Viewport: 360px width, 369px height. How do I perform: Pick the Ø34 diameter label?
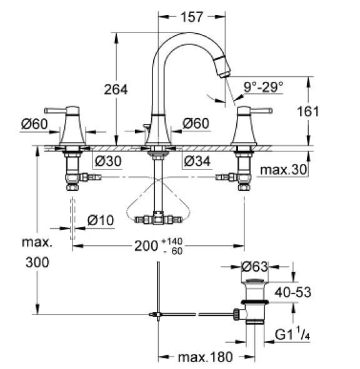click(x=196, y=161)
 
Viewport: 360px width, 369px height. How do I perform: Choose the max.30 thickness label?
click(x=282, y=170)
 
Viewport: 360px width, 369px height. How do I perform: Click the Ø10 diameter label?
click(x=100, y=220)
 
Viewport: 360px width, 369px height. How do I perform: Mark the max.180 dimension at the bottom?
click(x=205, y=357)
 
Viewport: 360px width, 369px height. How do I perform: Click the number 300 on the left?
click(x=37, y=263)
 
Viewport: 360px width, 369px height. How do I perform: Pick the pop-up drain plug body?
click(x=254, y=300)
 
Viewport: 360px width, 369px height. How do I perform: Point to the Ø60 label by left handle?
click(x=34, y=124)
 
